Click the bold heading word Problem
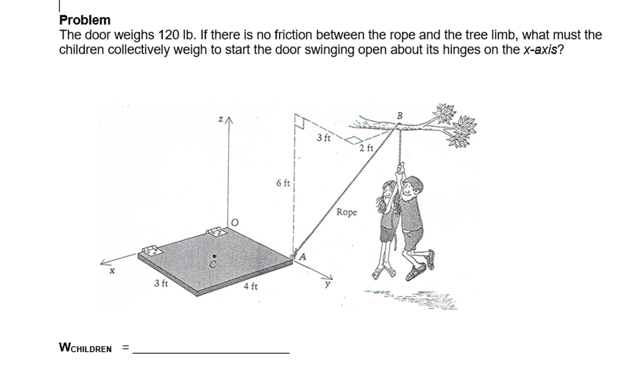tap(85, 21)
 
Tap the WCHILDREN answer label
tap(85, 348)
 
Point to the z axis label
tap(220, 120)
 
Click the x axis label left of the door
tap(109, 271)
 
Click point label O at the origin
tap(234, 223)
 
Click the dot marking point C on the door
tap(214, 256)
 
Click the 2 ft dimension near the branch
tap(367, 147)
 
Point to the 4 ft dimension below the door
tap(250, 287)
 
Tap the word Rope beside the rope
tap(347, 212)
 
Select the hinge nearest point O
tap(215, 232)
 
